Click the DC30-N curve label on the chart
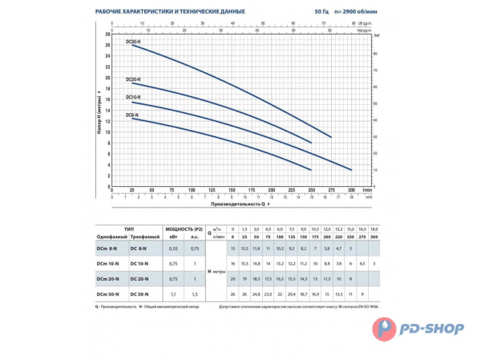tap(133, 41)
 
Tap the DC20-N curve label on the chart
tap(133, 79)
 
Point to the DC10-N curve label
tap(133, 98)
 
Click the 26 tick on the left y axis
tap(108, 45)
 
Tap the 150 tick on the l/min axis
tap(232, 189)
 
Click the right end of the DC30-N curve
tap(331, 137)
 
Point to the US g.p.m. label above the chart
tap(360, 24)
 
